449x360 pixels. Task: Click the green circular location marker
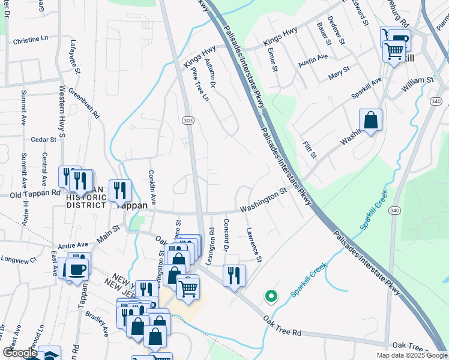point(271,296)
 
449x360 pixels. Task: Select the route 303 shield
point(188,121)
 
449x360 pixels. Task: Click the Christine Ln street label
point(30,40)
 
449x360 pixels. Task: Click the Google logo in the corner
point(19,353)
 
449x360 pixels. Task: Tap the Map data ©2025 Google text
point(411,355)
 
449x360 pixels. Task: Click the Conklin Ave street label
point(152,185)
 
